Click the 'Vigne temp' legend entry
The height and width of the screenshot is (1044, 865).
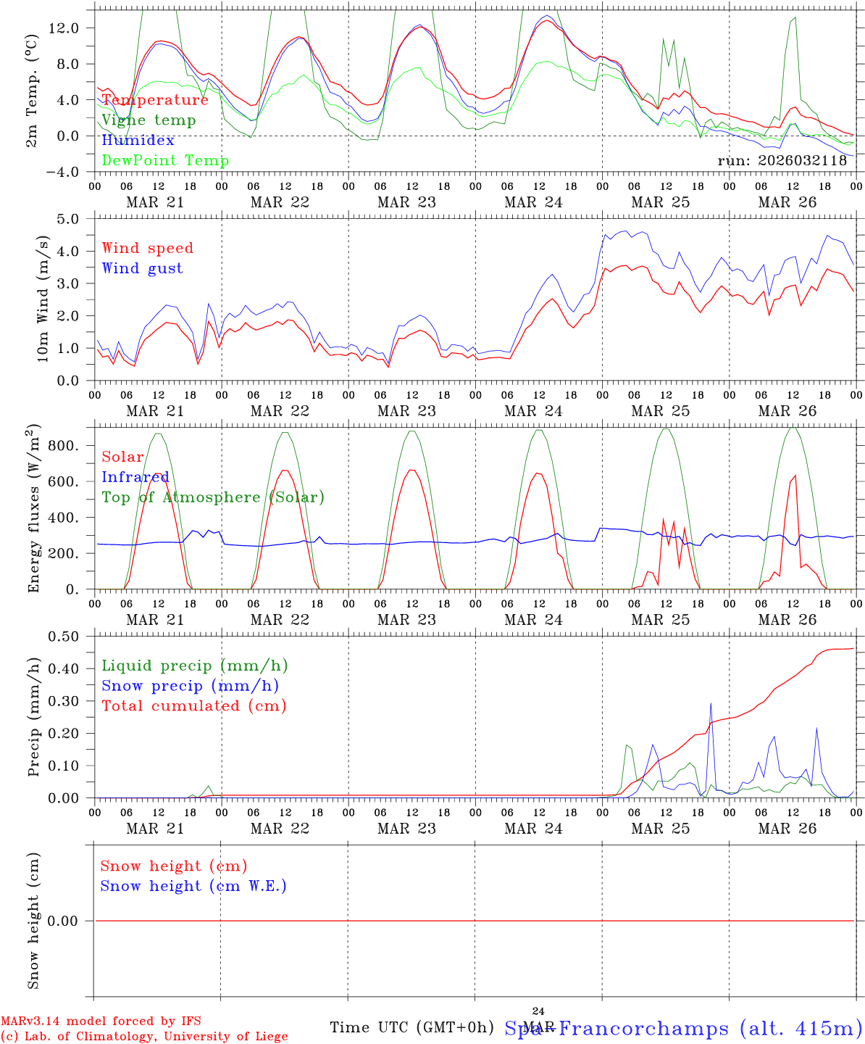(149, 120)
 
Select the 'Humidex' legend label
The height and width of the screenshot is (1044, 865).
(138, 140)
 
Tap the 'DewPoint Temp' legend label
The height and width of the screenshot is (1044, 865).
(165, 160)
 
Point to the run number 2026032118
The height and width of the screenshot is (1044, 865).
(782, 160)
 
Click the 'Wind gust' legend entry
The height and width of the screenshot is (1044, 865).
(142, 268)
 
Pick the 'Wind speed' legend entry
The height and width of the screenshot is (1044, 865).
(148, 248)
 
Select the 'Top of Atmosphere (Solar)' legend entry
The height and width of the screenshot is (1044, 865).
(213, 497)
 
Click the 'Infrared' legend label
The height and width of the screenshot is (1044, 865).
(135, 477)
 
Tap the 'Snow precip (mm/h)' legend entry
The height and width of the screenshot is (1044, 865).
(191, 686)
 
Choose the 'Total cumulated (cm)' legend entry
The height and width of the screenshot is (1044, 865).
(194, 705)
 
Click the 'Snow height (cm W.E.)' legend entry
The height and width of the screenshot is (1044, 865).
(193, 886)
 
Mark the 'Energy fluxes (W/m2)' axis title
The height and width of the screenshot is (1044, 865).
(33, 510)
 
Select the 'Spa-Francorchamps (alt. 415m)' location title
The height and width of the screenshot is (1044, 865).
(683, 1028)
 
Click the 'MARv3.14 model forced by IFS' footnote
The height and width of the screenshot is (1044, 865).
(101, 1022)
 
